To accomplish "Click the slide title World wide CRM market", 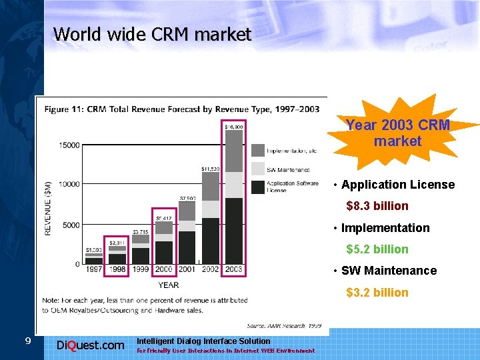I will coord(152,34).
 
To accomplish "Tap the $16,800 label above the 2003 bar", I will coord(233,126).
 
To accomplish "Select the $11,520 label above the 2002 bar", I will coord(210,169).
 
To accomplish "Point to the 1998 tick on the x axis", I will coord(117,269).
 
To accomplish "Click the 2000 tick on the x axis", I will coord(163,269).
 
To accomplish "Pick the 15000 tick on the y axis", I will coord(69,145).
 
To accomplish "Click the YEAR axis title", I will coord(168,285).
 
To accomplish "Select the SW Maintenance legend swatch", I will coord(257,169).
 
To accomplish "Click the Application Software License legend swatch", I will coord(257,186).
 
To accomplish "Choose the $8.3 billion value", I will coord(377,206).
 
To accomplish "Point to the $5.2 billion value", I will coord(377,249).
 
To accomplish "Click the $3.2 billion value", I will coord(377,293).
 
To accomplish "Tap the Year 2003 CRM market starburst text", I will coord(398,133).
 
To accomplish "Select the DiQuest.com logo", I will coord(91,345).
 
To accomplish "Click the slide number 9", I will coord(27,341).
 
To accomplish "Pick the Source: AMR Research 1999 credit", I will coord(284,325).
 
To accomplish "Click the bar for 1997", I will coord(94,260).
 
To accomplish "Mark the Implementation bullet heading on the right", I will coord(385,228).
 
